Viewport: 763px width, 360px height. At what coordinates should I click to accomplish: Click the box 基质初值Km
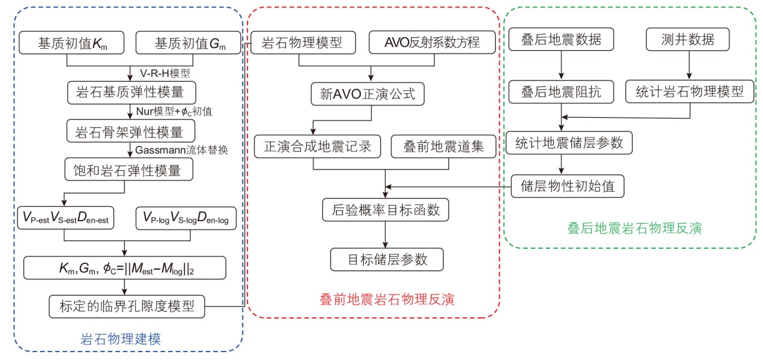click(71, 43)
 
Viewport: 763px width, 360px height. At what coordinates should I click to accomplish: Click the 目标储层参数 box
click(388, 259)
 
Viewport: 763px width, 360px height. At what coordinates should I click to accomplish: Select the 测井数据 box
click(689, 40)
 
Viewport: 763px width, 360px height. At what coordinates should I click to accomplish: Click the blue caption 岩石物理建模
click(120, 338)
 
